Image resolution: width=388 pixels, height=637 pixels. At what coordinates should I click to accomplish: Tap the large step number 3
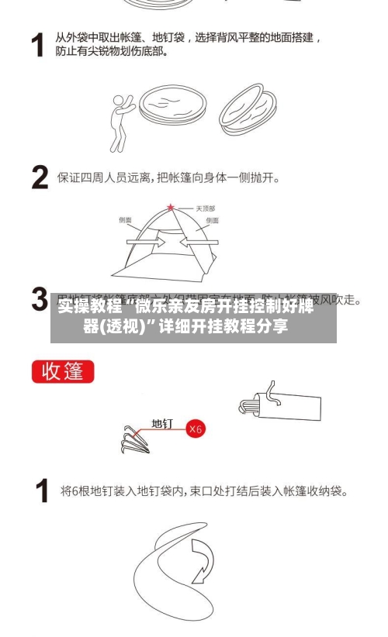40,300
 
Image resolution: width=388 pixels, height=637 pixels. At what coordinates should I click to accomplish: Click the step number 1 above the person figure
37,44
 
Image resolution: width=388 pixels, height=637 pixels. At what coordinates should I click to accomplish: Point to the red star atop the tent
171,208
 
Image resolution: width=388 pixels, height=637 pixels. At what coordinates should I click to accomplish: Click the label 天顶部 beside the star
205,208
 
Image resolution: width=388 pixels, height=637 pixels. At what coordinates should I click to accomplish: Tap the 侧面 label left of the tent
125,220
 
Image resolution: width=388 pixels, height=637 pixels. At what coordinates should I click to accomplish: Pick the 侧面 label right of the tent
212,220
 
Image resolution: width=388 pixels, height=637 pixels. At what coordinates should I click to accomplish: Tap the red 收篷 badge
63,371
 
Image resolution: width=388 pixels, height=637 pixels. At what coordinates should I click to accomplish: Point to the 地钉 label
162,424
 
